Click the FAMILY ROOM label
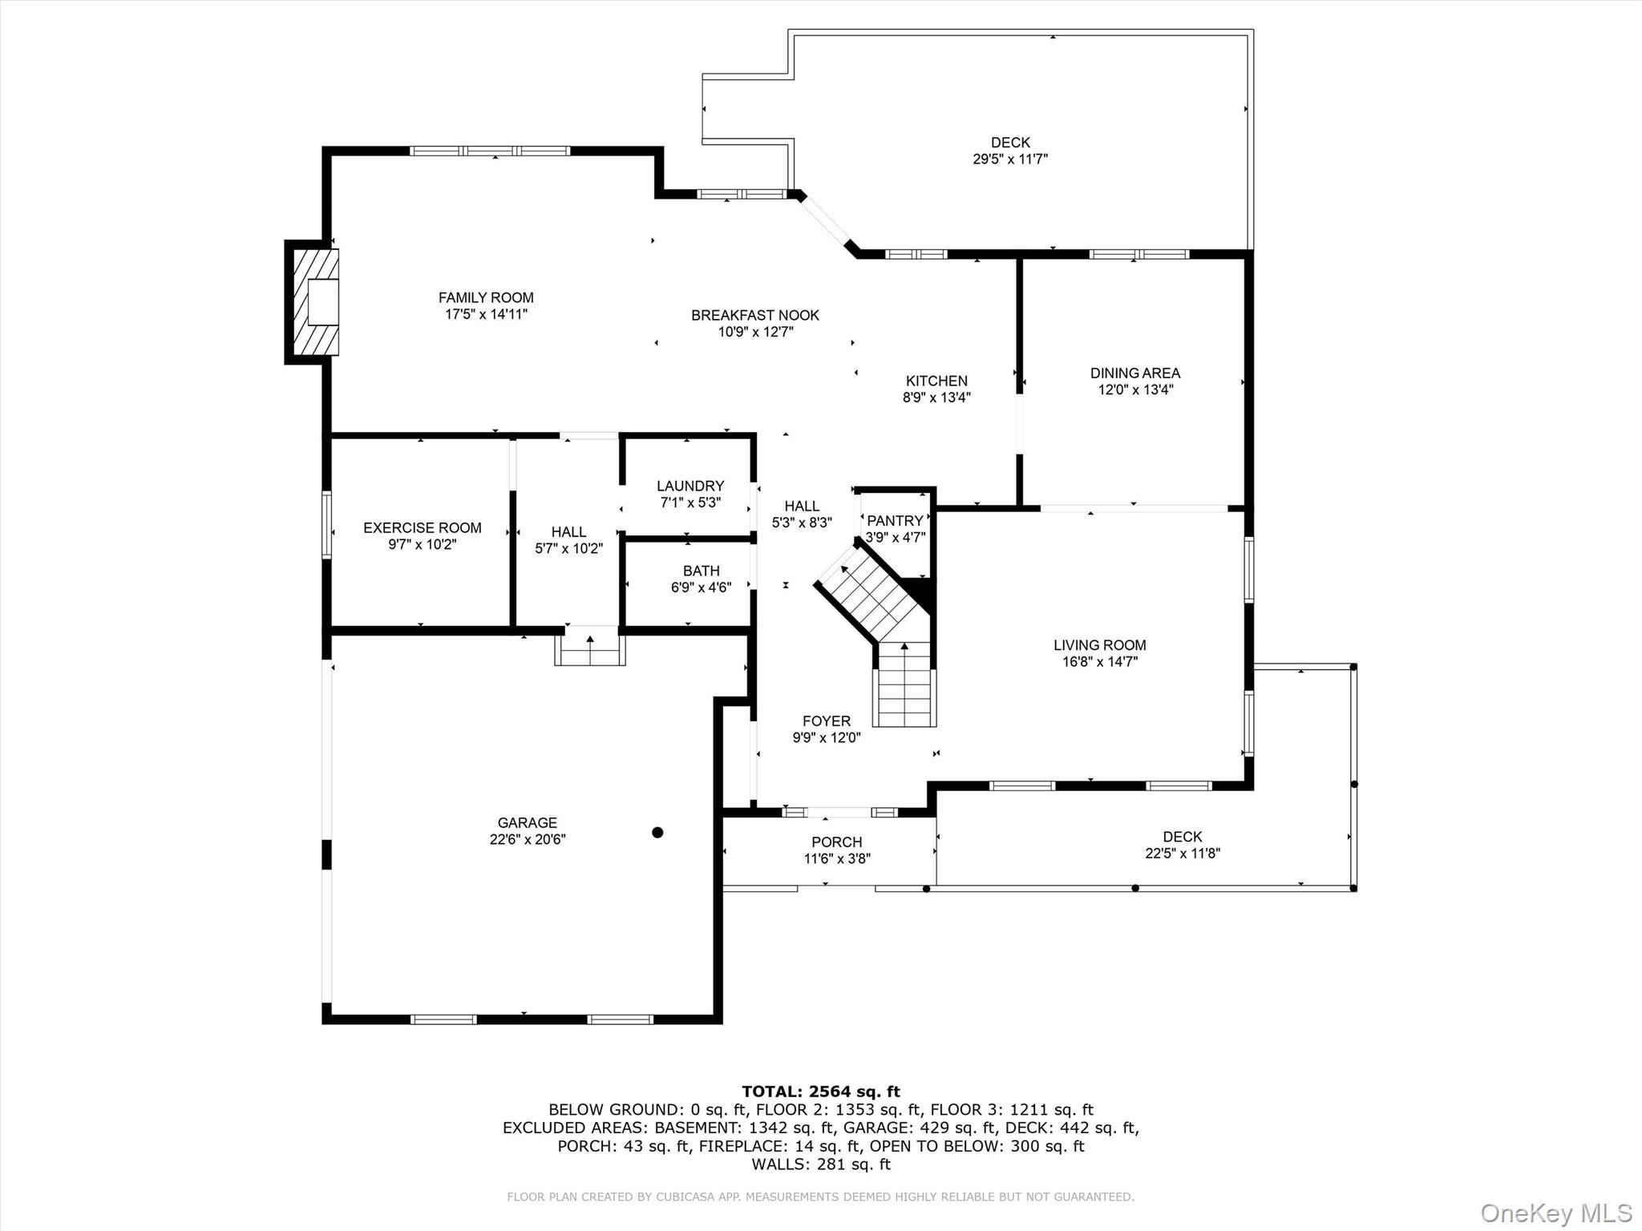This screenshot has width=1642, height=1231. click(485, 297)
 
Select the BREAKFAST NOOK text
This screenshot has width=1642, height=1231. click(754, 315)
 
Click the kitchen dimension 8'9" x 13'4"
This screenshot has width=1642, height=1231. click(936, 397)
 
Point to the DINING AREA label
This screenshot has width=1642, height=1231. click(1134, 373)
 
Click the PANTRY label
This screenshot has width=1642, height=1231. click(895, 521)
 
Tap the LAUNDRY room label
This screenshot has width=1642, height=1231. click(690, 486)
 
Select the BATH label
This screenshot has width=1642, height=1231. click(701, 571)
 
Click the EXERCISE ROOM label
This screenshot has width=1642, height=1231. click(422, 527)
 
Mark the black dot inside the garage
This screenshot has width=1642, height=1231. click(657, 833)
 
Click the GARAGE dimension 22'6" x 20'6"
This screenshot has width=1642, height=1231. click(527, 839)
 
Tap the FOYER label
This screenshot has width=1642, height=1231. click(826, 720)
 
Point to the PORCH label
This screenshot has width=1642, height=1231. click(836, 842)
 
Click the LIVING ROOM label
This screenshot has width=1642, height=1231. click(1099, 644)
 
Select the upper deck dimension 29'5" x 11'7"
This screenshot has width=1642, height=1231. click(1009, 159)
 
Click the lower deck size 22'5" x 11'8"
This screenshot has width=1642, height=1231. click(1182, 854)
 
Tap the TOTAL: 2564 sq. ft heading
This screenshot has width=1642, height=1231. click(820, 1091)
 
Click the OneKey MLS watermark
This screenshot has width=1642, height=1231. click(1555, 1213)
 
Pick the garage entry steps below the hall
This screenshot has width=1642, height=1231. click(590, 649)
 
